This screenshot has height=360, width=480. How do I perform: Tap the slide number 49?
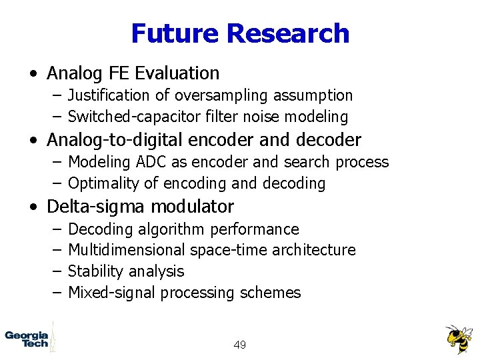tap(240, 345)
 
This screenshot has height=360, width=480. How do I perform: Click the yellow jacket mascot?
tap(458, 339)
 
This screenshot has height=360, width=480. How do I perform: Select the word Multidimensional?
tap(127, 250)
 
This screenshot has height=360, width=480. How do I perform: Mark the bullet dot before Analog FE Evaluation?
tap(33, 73)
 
